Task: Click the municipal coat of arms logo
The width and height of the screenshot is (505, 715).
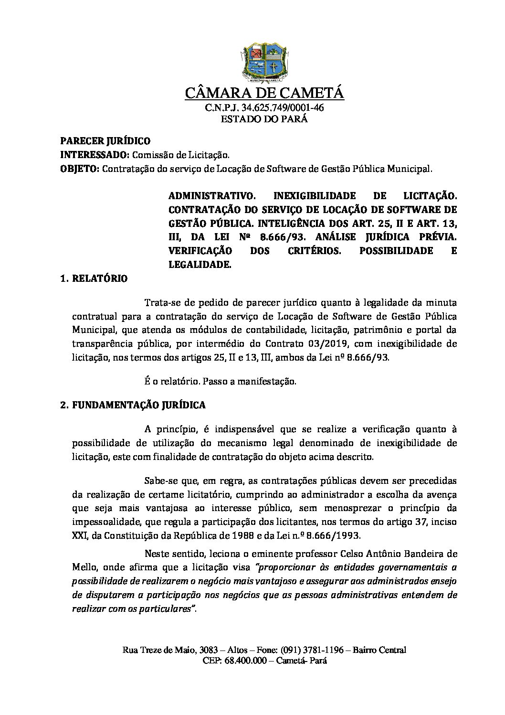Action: pos(264,62)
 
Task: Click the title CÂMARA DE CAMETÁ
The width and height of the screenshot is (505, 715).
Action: pos(264,93)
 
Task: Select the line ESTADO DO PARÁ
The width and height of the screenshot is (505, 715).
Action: pos(264,119)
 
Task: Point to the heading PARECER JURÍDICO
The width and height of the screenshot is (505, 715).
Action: pos(105,141)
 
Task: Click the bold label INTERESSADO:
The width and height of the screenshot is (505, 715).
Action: pos(94,155)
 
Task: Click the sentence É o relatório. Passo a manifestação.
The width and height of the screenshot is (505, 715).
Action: pos(220,382)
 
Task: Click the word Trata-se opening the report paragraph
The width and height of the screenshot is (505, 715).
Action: pos(160,302)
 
